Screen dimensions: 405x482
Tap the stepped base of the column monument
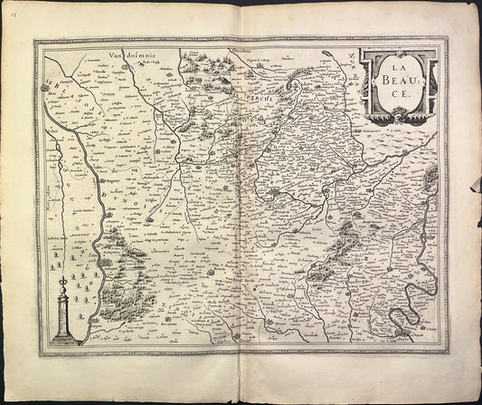[64, 337]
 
